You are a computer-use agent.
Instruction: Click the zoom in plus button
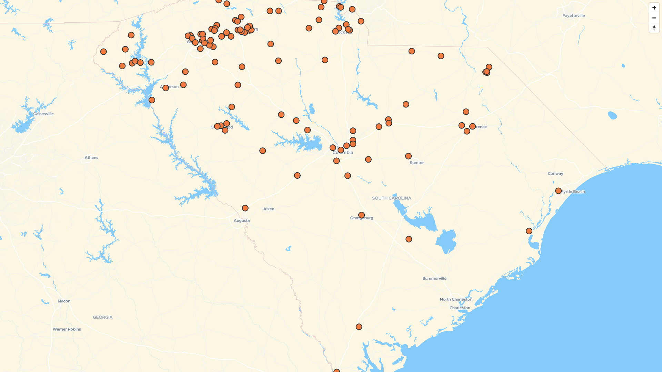(x=654, y=8)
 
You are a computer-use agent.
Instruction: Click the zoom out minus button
(x=654, y=18)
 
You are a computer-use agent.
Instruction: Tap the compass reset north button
(x=654, y=28)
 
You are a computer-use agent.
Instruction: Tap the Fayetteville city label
(x=573, y=15)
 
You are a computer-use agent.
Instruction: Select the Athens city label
(x=91, y=157)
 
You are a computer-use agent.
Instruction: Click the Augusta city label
(x=242, y=220)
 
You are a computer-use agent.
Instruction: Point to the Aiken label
(x=269, y=209)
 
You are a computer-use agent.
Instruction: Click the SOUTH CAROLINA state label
(x=391, y=198)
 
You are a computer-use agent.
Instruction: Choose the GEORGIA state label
(x=102, y=317)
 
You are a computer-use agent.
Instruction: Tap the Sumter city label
(x=417, y=163)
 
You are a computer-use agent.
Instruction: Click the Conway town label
(x=555, y=174)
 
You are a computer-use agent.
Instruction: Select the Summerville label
(x=434, y=278)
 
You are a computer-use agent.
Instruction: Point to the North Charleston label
(x=456, y=299)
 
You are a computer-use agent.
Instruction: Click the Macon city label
(x=64, y=301)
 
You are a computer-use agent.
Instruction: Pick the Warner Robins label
(x=67, y=329)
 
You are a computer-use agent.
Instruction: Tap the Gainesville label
(x=43, y=114)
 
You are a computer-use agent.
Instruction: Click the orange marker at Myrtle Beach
(x=559, y=191)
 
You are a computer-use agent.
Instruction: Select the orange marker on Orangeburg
(x=361, y=215)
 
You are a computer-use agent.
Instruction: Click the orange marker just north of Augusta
(x=245, y=208)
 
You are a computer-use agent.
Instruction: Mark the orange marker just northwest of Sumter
(x=408, y=156)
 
